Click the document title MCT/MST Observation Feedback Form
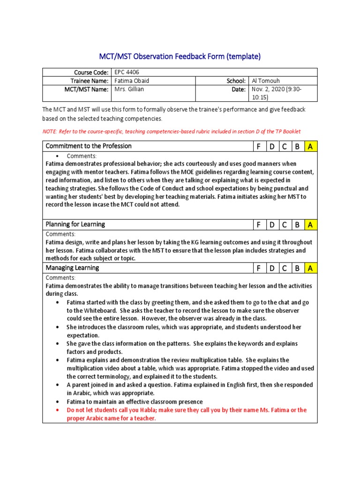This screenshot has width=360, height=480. click(180, 57)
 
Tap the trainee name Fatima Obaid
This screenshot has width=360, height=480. click(132, 81)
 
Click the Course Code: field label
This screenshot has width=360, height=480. click(91, 72)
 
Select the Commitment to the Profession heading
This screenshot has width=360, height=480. click(89, 146)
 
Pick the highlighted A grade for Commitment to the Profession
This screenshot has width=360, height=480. click(309, 146)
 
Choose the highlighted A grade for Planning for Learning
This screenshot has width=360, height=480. click(309, 225)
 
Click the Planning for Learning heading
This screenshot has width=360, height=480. click(75, 225)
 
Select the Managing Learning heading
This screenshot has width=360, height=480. click(72, 268)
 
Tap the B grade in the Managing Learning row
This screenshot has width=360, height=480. click(297, 268)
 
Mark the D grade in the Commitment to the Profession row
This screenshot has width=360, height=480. click(271, 146)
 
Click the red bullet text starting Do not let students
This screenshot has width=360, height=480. click(186, 414)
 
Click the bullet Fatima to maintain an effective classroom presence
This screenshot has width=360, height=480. click(135, 402)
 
